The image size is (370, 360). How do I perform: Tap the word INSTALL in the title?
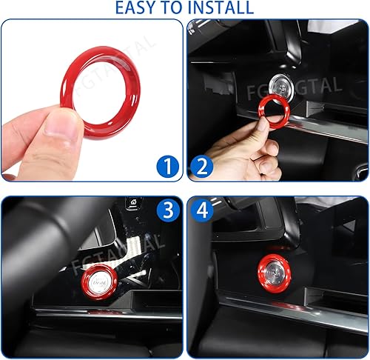tap(220, 8)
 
